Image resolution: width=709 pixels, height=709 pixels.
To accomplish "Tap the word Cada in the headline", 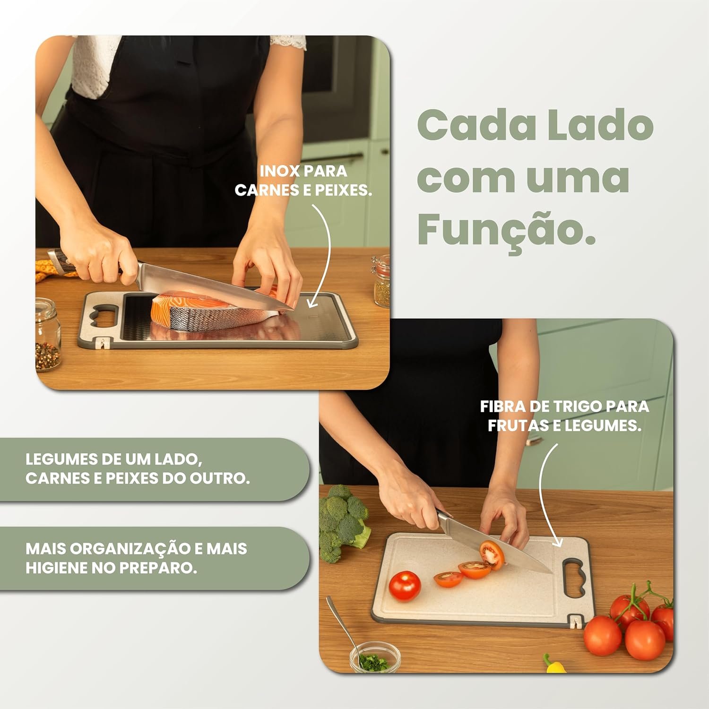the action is pos(476,124).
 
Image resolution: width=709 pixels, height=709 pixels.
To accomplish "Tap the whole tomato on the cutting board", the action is pos(405,586).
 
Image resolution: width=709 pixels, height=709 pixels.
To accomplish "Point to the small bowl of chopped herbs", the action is pos(375,657).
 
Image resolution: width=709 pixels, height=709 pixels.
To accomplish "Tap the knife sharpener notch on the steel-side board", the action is pos(102,343).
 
